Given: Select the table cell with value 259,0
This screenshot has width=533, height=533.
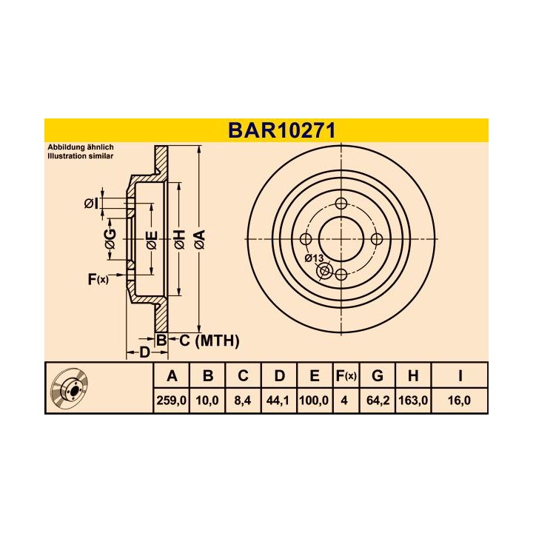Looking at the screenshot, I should click(x=172, y=400).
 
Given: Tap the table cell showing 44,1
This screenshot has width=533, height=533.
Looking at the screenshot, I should click(x=279, y=400).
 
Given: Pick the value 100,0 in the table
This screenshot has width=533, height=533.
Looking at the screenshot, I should click(x=315, y=400).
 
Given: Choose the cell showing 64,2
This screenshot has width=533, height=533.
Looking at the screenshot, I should click(x=377, y=400).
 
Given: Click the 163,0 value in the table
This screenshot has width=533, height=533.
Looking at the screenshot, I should click(x=413, y=400).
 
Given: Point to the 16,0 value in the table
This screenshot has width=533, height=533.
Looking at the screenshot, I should click(x=460, y=400).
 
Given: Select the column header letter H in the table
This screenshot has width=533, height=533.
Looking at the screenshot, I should click(x=413, y=376).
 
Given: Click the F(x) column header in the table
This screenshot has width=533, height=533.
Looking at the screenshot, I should click(x=346, y=376).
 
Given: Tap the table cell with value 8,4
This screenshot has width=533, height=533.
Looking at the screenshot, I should click(x=243, y=400).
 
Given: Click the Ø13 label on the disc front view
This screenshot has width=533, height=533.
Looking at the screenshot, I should click(x=314, y=258).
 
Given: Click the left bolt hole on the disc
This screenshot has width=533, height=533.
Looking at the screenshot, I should click(x=306, y=239).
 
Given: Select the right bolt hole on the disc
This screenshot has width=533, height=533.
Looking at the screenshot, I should click(x=376, y=239).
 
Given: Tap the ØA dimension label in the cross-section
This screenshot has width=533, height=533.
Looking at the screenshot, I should click(x=199, y=239).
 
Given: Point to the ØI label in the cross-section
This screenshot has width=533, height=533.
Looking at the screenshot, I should click(x=91, y=204).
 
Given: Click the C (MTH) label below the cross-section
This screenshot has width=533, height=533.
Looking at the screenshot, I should click(x=209, y=341).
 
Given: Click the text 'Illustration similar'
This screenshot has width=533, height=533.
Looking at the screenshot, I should click(x=81, y=157).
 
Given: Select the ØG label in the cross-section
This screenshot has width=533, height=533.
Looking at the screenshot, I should click(x=110, y=238).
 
